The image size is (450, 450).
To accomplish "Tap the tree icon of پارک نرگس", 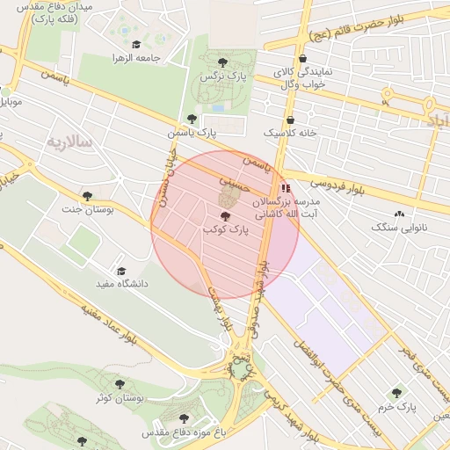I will [x=222, y=62].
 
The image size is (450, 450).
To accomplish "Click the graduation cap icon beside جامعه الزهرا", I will [x=135, y=44].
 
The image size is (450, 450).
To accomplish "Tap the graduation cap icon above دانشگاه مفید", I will [x=121, y=271].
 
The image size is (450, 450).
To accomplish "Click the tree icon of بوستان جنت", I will [x=86, y=195].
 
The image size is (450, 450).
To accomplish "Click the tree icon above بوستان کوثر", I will [x=120, y=385].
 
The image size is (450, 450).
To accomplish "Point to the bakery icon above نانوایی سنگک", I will [x=400, y=214].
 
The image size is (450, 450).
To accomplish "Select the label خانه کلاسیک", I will [x=290, y=133].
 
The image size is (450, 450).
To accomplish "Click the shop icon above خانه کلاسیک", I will [x=290, y=120].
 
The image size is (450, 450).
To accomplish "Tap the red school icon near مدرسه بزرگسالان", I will [x=284, y=188].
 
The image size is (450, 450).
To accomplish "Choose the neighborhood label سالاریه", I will [x=69, y=142].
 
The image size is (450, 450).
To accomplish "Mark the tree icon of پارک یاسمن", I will [x=192, y=119].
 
